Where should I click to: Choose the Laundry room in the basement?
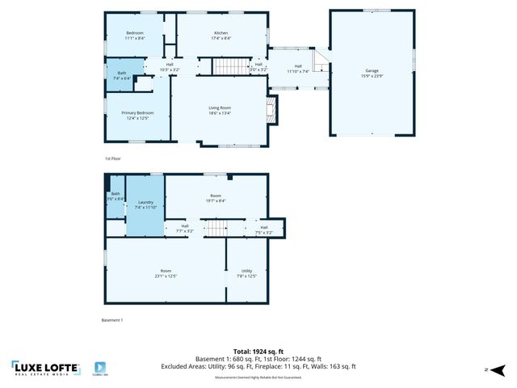[x=145, y=205]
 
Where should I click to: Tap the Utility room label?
[x=246, y=273]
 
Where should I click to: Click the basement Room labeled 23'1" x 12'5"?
[x=166, y=273]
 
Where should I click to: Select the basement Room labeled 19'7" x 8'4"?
[x=216, y=198]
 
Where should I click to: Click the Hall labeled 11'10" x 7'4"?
[x=298, y=69]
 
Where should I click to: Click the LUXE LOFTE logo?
[x=46, y=369]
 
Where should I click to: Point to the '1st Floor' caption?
[x=113, y=159]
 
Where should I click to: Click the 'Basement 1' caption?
[x=112, y=321]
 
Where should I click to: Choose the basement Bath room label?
[x=116, y=196]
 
